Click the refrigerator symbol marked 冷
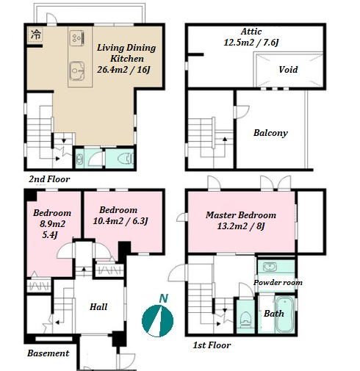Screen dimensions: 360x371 click(36, 35)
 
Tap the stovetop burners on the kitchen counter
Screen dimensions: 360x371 click(77, 38)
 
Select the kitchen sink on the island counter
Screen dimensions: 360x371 click(76, 71)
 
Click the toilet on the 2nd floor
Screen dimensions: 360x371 click(126, 159)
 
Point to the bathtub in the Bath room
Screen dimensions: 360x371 click(284, 314)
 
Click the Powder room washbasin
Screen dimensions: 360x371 click(270, 267)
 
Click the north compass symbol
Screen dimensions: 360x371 click(158, 321)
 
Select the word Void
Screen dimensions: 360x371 click(288, 70)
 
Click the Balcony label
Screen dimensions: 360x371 click(270, 133)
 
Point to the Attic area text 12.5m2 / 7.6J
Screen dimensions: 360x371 click(251, 43)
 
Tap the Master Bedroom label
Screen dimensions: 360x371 click(241, 215)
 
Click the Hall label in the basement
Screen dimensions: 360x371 click(98, 307)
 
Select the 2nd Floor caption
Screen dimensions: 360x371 click(49, 179)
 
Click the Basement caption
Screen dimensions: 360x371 click(48, 353)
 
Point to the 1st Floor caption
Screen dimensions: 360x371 click(212, 345)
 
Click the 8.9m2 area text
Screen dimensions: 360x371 click(52, 224)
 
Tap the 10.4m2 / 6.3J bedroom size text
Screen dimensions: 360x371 click(120, 221)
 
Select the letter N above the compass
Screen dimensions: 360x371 click(164, 298)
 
